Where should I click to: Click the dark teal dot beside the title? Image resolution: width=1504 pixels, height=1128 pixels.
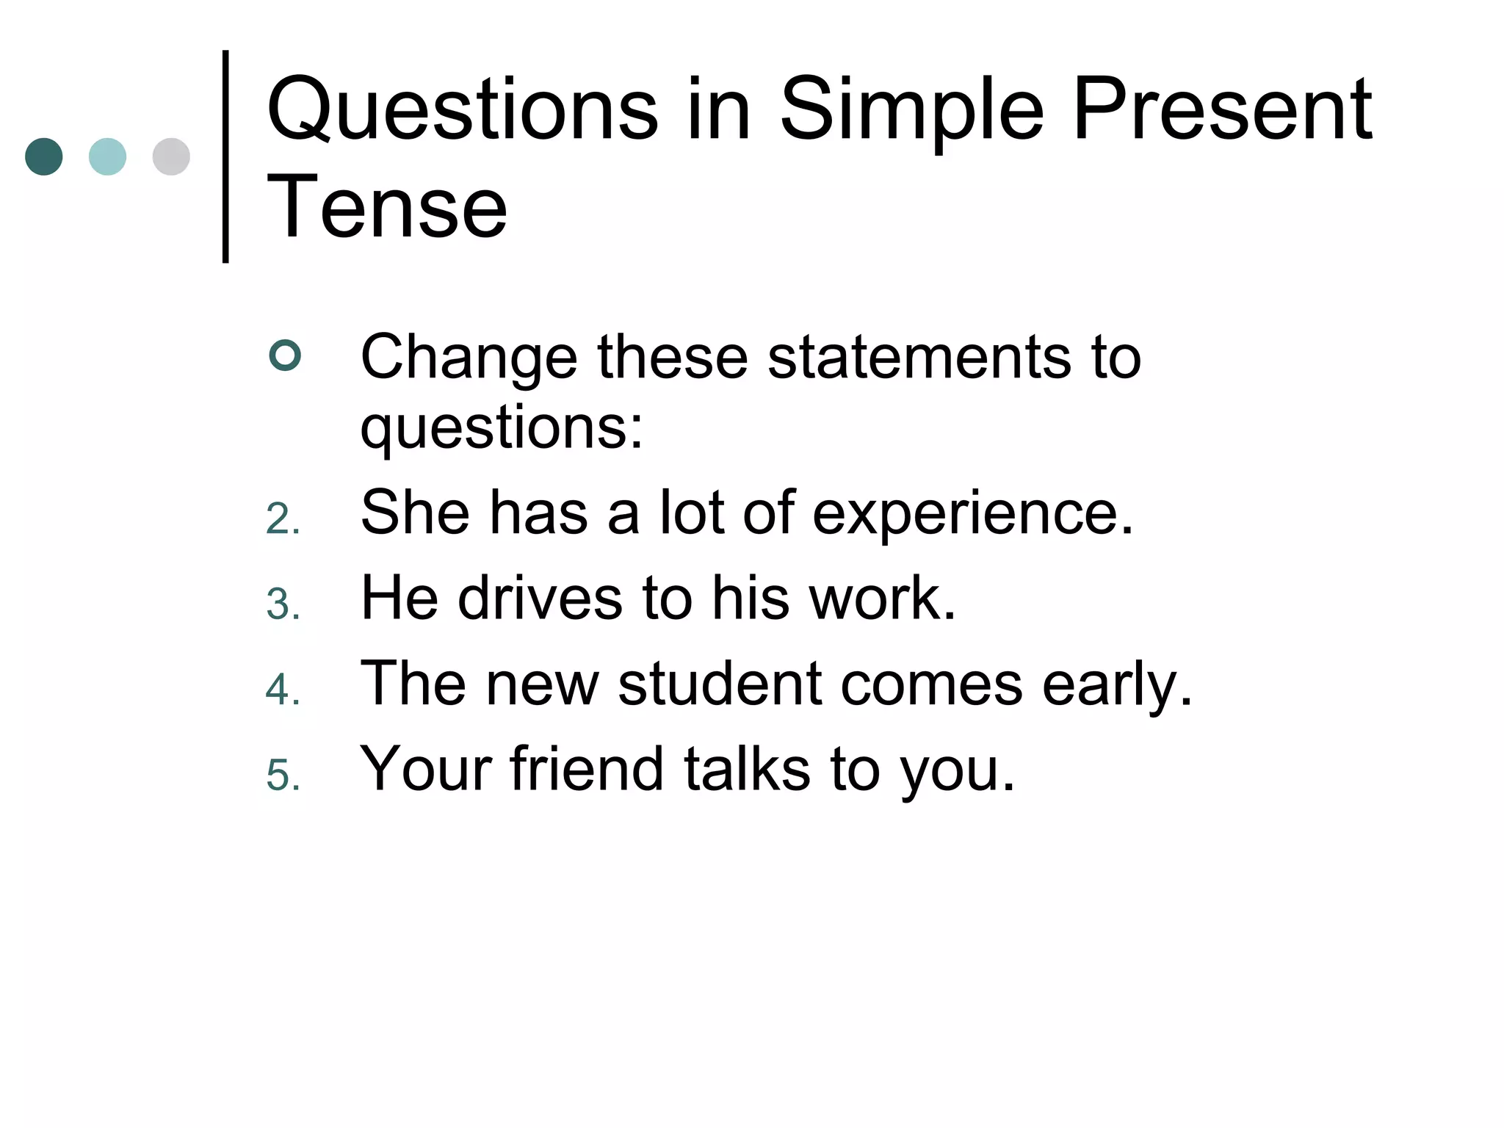[x=44, y=156]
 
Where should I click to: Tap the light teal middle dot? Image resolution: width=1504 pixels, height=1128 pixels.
[x=107, y=156]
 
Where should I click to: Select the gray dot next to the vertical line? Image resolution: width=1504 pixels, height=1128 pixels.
[x=171, y=156]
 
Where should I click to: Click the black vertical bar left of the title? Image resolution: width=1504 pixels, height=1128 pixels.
[x=225, y=156]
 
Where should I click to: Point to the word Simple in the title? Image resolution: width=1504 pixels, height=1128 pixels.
[x=911, y=110]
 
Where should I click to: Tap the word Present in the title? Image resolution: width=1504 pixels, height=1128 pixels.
[x=1222, y=110]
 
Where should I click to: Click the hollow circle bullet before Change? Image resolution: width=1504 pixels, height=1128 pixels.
[x=285, y=356]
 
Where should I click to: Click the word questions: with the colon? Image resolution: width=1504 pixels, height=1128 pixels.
[x=502, y=428]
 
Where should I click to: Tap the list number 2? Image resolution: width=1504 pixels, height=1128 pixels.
[x=283, y=519]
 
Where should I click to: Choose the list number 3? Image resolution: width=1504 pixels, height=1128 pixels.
[x=283, y=604]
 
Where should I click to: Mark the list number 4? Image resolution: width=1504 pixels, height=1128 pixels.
[x=283, y=690]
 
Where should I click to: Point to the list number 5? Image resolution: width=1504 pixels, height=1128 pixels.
[x=283, y=775]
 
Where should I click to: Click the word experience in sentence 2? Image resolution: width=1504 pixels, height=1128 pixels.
[x=972, y=514]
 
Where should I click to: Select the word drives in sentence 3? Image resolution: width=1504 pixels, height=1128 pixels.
[x=540, y=599]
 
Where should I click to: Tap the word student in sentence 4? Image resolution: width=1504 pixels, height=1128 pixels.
[x=720, y=684]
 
